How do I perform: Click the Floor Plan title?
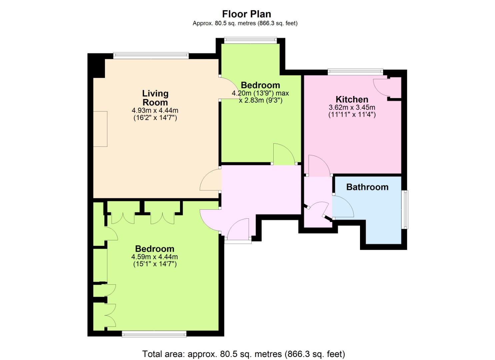point(246,14)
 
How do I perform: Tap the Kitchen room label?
point(352,99)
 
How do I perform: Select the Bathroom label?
point(367,187)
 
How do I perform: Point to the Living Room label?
point(155,98)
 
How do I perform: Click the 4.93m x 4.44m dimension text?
point(155,110)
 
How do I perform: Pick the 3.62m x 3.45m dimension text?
point(352,108)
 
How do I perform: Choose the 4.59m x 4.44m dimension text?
point(154,257)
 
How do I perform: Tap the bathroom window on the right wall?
point(406,210)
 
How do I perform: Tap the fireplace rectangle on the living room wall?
point(100,129)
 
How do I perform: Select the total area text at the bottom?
point(244,354)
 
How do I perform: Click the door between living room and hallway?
point(211,180)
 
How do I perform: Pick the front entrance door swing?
point(238,229)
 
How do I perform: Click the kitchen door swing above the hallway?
point(320,166)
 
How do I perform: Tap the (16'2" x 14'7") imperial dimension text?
point(155,118)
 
